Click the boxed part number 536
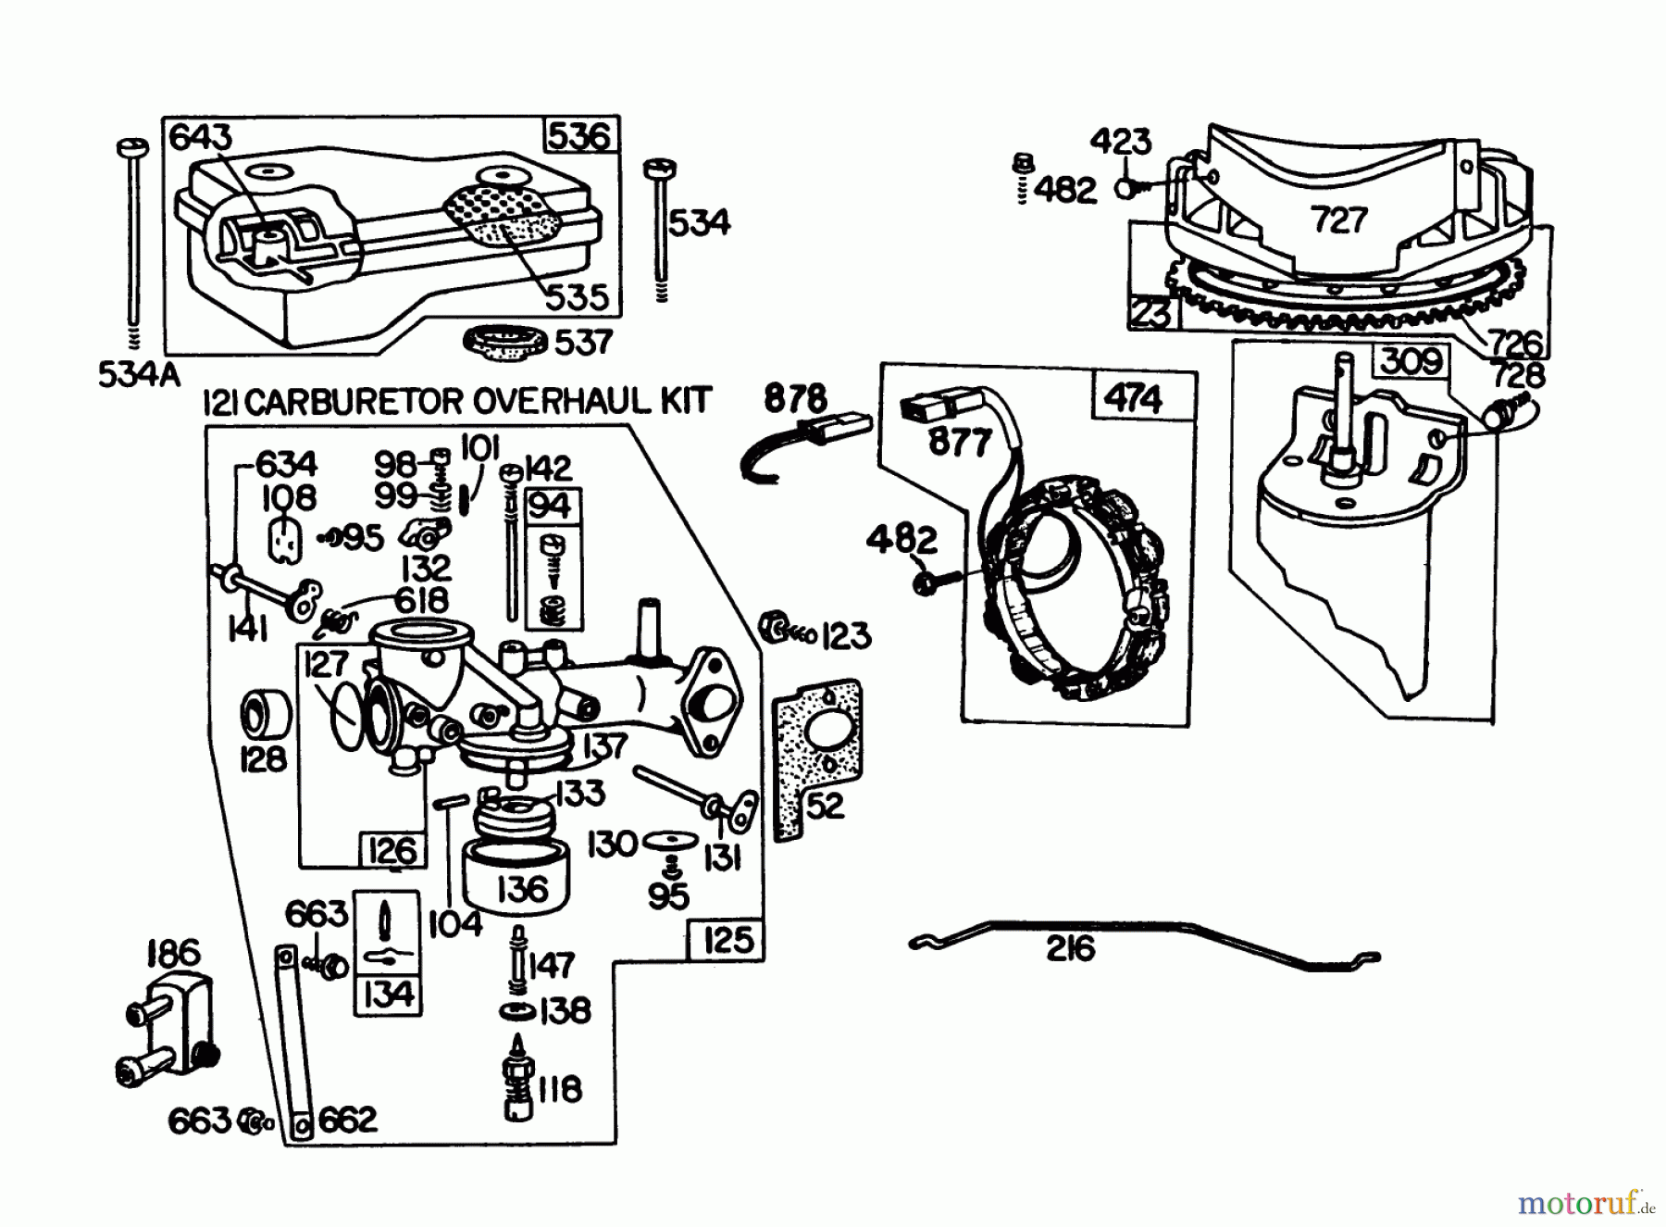click(x=579, y=135)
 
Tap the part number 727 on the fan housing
click(x=1338, y=219)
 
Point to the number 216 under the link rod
click(x=1070, y=949)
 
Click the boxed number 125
click(x=727, y=940)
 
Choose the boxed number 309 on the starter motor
click(x=1410, y=360)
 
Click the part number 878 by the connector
click(x=795, y=399)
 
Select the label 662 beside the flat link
click(x=348, y=1121)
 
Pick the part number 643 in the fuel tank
click(x=201, y=137)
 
